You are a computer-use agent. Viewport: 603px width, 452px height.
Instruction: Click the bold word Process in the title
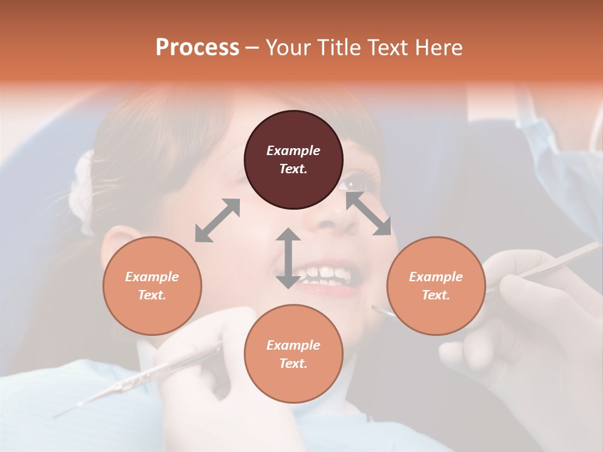(197, 48)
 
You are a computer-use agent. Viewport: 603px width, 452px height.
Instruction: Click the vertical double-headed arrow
(288, 258)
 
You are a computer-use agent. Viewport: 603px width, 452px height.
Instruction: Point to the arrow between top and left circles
(217, 220)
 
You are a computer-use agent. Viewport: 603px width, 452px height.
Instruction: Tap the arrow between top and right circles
(368, 214)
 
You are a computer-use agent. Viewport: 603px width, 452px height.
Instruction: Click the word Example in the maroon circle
(293, 151)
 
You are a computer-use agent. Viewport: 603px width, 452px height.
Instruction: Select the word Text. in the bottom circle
(293, 363)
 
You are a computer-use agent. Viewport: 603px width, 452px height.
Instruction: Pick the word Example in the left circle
(152, 277)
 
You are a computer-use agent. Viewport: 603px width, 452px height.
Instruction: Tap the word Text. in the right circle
(436, 295)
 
